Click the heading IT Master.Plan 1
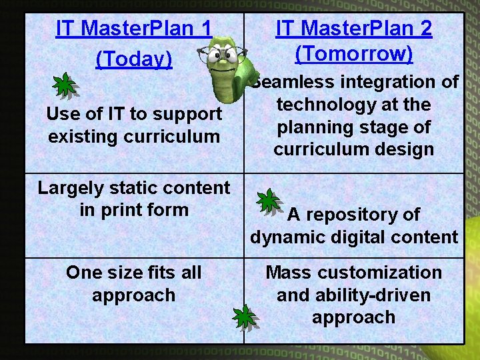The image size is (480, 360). click(133, 29)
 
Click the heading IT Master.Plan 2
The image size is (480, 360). click(353, 28)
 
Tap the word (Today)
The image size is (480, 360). click(133, 59)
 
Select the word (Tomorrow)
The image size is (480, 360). click(353, 53)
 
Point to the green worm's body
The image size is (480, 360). click(230, 80)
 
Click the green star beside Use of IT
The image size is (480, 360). click(64, 85)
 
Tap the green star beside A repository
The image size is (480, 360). click(269, 201)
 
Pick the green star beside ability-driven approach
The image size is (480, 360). click(245, 317)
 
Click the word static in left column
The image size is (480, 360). click(131, 188)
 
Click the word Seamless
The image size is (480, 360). click(294, 82)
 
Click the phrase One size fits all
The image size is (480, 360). click(133, 273)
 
